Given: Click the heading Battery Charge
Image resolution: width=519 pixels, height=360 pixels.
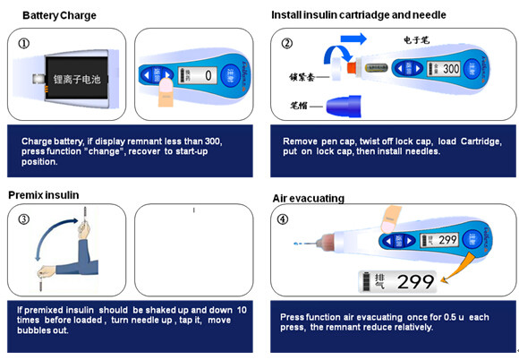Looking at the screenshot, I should (59, 15).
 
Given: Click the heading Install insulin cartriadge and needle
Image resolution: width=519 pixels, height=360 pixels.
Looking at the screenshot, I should (359, 15).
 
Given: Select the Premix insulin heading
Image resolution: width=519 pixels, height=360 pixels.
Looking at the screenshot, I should (44, 194).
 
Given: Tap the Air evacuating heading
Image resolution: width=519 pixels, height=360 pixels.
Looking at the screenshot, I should (309, 198).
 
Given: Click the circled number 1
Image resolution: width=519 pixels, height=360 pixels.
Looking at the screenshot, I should (23, 42).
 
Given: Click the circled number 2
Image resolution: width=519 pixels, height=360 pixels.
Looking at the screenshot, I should (286, 43).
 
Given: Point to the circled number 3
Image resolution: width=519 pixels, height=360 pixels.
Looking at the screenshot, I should (23, 219).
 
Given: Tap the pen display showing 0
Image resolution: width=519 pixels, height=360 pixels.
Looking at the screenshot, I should (197, 75).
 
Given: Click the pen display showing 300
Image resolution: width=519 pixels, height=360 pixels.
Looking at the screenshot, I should (446, 68).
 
